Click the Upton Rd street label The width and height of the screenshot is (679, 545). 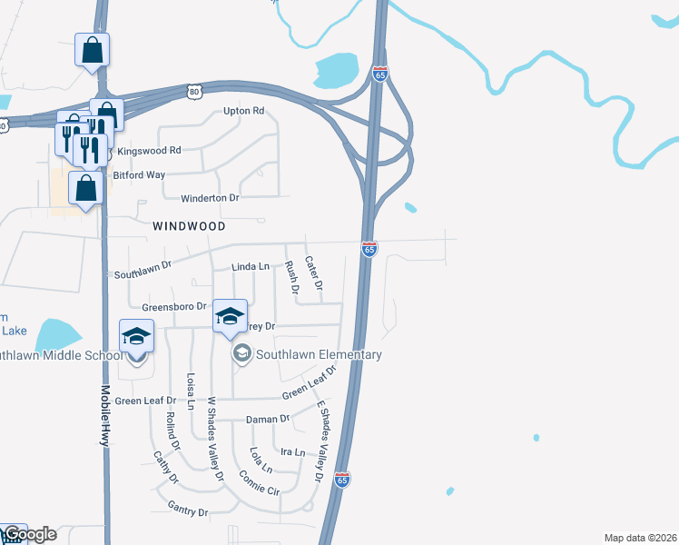(x=244, y=111)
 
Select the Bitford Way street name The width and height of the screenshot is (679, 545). (x=139, y=174)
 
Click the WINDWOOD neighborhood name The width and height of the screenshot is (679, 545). (x=189, y=224)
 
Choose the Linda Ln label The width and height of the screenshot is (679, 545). (x=251, y=267)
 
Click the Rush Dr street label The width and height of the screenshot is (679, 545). (x=292, y=279)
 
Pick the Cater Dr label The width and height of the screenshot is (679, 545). (x=314, y=272)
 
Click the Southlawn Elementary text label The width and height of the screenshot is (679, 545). (x=319, y=354)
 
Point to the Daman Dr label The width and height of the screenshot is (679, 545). (x=268, y=420)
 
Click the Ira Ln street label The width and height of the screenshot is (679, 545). (x=293, y=451)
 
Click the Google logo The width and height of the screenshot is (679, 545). (x=29, y=534)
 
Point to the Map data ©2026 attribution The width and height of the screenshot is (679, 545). (x=640, y=538)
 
